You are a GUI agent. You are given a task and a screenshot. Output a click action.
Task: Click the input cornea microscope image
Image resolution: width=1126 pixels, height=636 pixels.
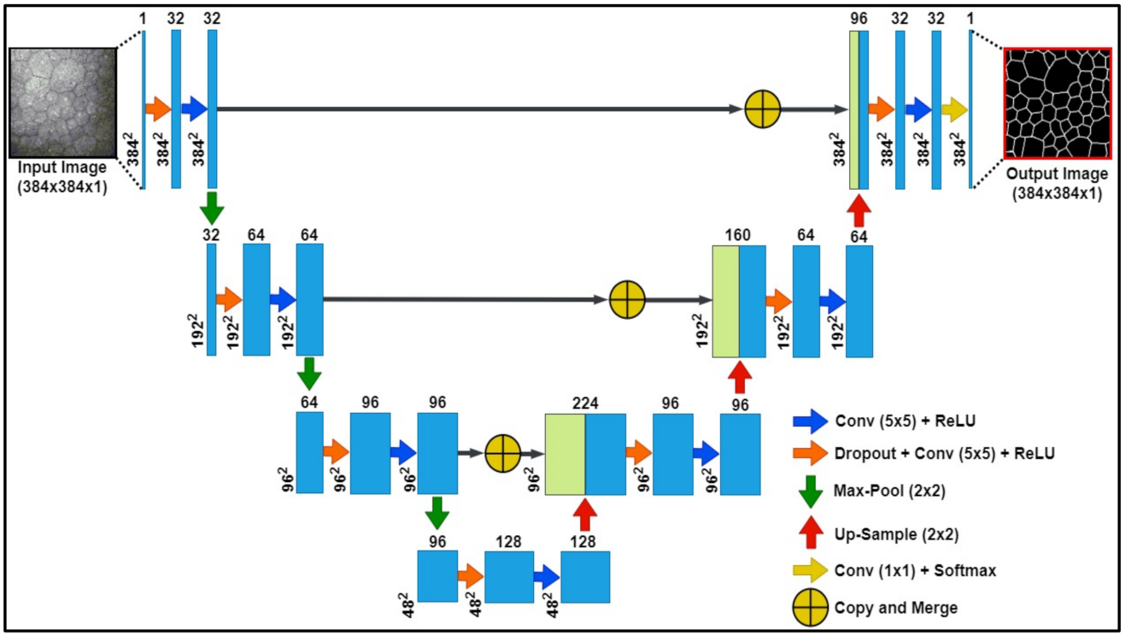62,103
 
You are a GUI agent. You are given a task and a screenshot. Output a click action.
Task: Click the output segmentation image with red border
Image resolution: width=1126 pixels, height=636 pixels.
1058,103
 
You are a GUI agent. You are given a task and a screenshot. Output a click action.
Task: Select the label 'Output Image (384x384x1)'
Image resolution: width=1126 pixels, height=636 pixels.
1057,183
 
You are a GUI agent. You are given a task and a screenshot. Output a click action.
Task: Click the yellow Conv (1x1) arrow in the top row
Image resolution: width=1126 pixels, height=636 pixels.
955,109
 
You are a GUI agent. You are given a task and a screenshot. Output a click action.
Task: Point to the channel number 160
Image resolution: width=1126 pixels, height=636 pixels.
739,233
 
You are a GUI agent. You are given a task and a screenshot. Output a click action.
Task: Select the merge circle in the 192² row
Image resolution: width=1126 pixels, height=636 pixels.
627,300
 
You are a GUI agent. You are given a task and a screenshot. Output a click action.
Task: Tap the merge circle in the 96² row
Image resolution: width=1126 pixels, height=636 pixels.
502,452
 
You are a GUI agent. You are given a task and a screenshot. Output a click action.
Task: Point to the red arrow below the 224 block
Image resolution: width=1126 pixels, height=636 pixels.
584,514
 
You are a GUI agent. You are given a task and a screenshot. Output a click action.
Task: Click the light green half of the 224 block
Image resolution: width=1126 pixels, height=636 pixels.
565,453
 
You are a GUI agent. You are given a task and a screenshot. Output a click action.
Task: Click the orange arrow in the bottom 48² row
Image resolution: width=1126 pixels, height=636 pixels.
470,577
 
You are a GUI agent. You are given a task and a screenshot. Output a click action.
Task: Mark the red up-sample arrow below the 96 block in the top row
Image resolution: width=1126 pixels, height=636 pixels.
859,208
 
